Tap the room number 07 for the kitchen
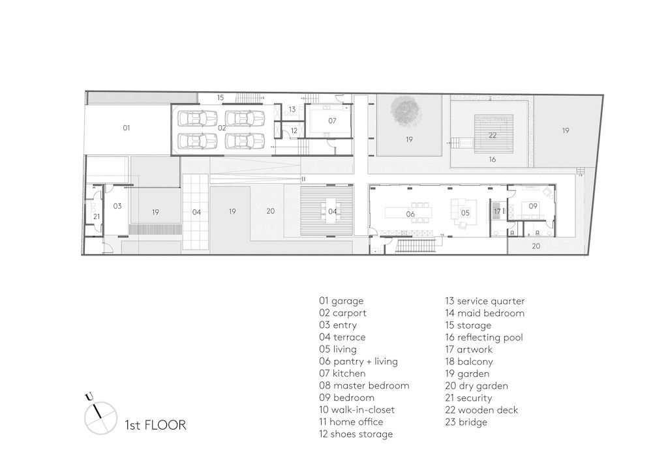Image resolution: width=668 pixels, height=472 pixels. [x=332, y=121]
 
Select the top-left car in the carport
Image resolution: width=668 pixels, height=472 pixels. [x=197, y=118]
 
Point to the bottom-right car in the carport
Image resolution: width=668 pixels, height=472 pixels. [x=245, y=140]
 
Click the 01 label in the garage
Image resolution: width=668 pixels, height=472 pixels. [x=126, y=128]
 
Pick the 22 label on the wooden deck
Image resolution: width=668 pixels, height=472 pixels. [x=493, y=136]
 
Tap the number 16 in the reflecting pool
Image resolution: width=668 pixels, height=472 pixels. [x=493, y=160]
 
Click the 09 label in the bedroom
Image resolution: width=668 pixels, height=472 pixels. [x=533, y=206]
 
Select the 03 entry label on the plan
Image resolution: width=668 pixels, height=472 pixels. [x=117, y=206]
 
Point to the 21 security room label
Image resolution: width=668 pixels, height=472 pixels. [x=97, y=216]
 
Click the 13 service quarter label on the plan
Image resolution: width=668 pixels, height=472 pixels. [x=292, y=110]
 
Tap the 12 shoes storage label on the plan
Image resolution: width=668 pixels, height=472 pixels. [x=294, y=131]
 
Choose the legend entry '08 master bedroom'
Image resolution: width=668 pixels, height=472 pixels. [x=364, y=385]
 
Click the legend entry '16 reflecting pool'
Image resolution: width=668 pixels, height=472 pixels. [x=484, y=338]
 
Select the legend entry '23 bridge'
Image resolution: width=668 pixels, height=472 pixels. [x=466, y=422]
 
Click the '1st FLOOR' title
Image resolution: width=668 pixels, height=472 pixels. [x=155, y=425]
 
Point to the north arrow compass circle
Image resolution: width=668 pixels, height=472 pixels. [x=100, y=418]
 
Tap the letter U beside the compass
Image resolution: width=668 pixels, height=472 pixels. [x=89, y=397]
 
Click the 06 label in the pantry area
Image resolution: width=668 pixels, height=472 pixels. [x=410, y=214]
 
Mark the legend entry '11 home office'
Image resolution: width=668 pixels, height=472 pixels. [x=351, y=422]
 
